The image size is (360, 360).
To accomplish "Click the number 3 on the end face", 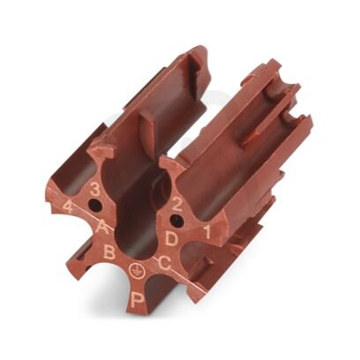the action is (x=94, y=190).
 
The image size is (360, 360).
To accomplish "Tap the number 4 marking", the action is (x=68, y=206).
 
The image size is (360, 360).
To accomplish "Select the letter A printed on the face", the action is (x=102, y=227).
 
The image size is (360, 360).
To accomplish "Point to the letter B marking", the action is (x=109, y=252).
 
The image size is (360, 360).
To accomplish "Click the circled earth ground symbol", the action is (x=134, y=268).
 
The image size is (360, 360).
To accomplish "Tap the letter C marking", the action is (x=164, y=263).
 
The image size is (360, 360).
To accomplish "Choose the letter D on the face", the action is (x=171, y=238).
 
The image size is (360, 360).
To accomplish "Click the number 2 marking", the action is (x=176, y=205).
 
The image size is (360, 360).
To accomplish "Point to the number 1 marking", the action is (x=207, y=232).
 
